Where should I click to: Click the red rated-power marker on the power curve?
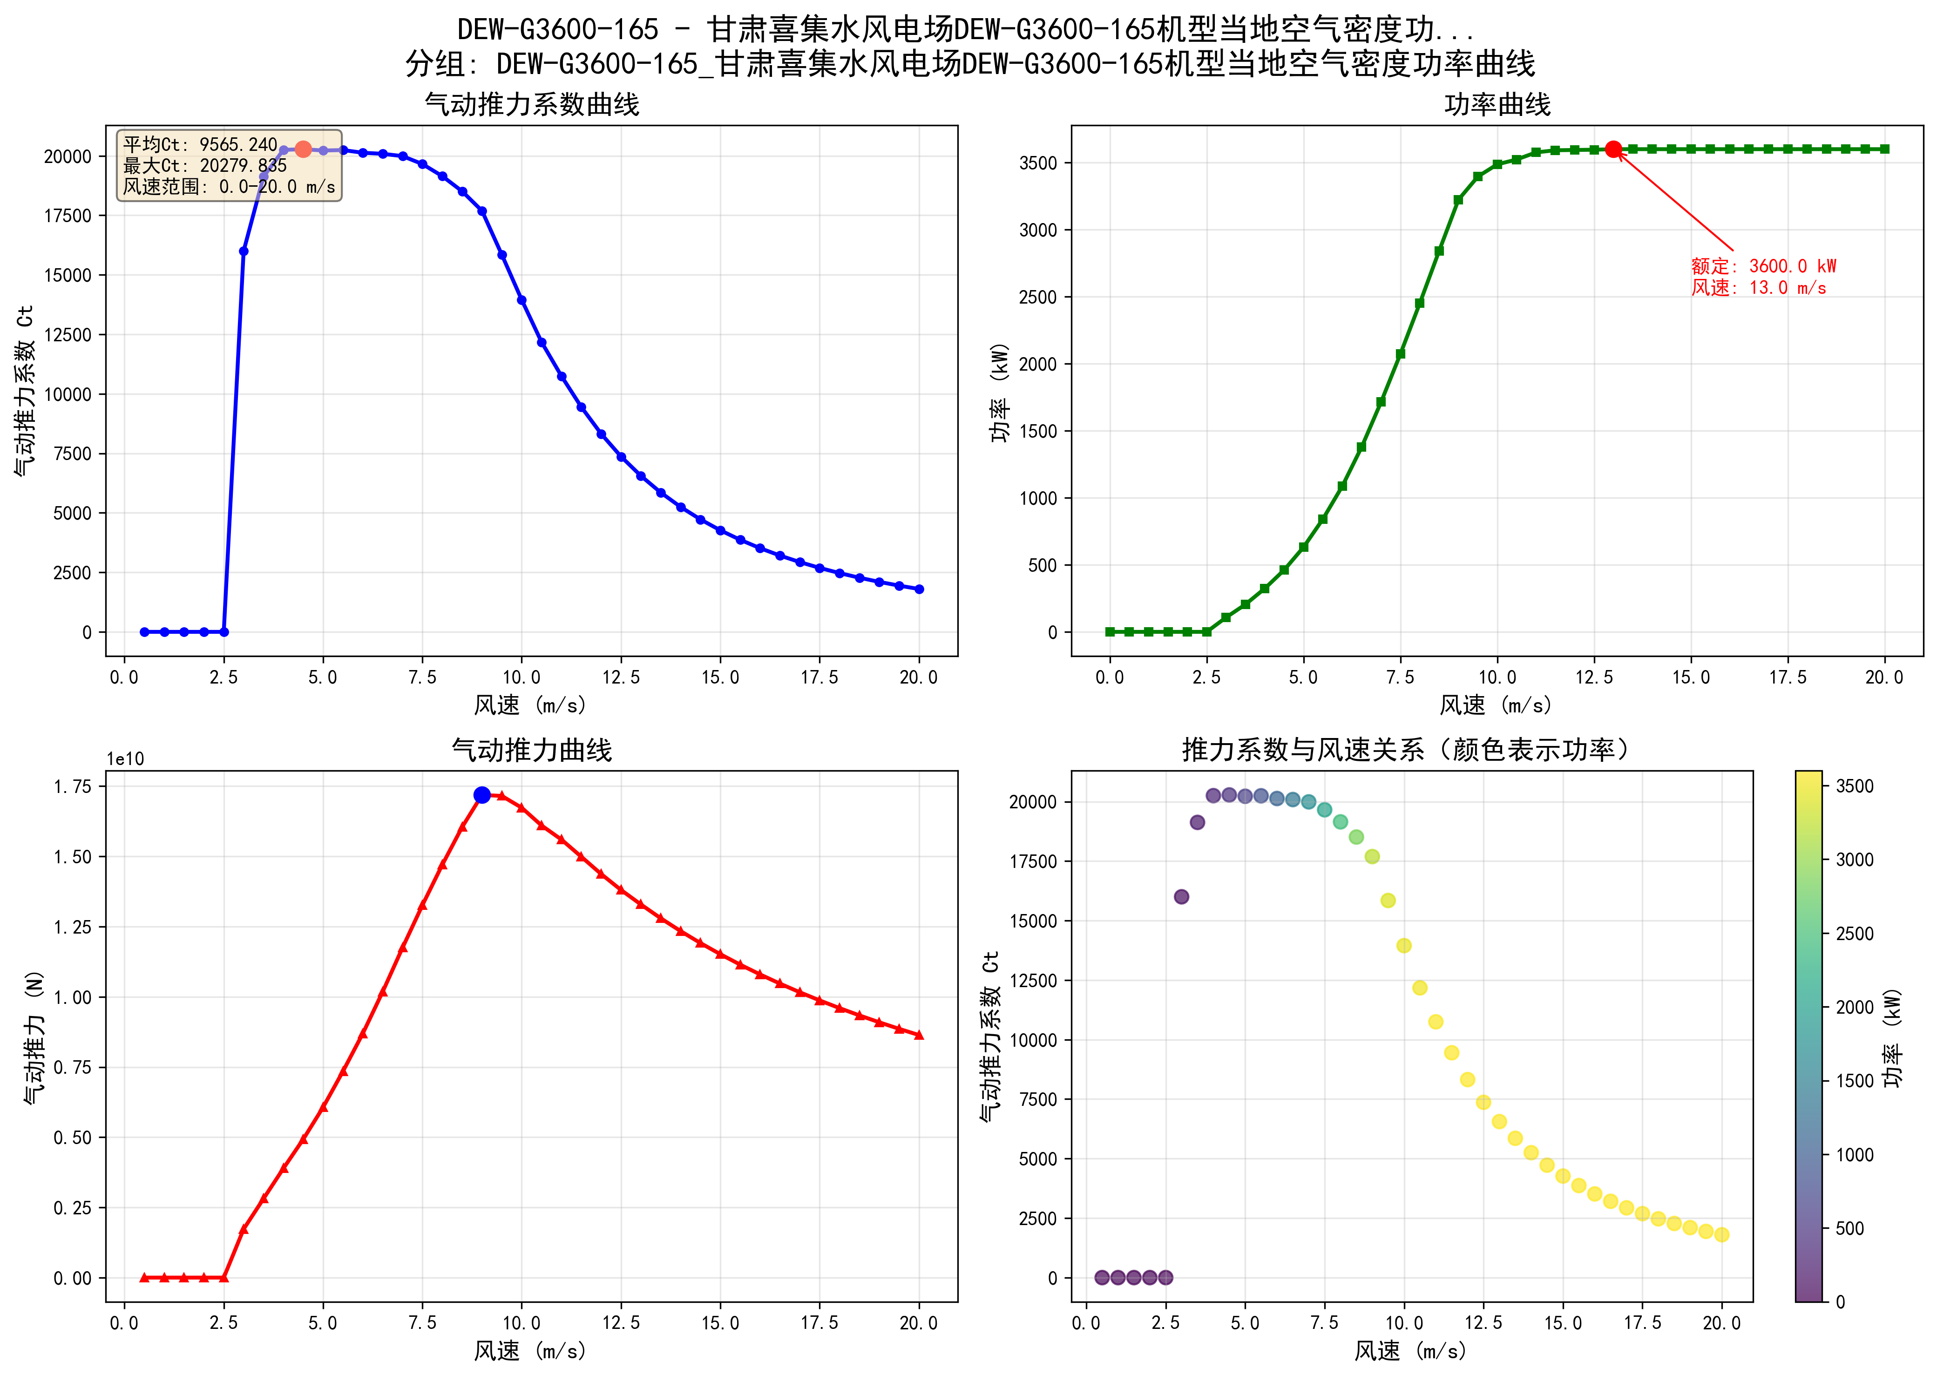point(1613,149)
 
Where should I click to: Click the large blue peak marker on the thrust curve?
point(482,795)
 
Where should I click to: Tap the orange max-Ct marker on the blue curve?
point(303,149)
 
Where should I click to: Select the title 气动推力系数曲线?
point(532,105)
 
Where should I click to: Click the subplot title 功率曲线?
point(1497,105)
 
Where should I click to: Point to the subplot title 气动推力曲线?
point(532,750)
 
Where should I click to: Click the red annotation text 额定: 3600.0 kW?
point(1763,266)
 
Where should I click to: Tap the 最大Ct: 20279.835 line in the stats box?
point(205,166)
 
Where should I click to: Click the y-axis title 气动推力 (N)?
point(34,1037)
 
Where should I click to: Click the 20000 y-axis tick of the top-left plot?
point(68,156)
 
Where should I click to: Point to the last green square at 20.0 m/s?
point(1884,149)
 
